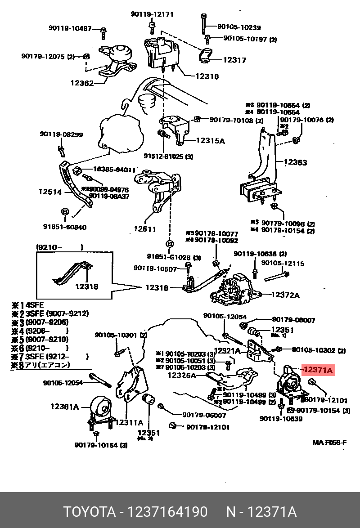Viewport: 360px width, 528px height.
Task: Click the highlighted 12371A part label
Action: [x=318, y=370]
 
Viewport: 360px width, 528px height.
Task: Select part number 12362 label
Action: [x=81, y=83]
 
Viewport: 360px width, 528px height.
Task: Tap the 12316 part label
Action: [x=207, y=76]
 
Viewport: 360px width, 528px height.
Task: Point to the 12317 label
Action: [x=235, y=60]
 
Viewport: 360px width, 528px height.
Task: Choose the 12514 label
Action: [x=49, y=192]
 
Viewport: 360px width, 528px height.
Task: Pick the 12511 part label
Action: [x=144, y=229]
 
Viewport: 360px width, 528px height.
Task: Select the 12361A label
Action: [x=64, y=407]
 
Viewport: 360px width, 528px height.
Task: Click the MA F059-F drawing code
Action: [x=329, y=442]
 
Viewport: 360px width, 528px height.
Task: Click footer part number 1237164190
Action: [x=167, y=512]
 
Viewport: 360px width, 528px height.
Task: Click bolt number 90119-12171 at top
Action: [x=152, y=14]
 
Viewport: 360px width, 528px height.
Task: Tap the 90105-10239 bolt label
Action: [x=239, y=27]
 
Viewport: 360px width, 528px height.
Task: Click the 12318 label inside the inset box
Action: [x=86, y=286]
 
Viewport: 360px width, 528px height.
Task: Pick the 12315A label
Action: [x=210, y=141]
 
